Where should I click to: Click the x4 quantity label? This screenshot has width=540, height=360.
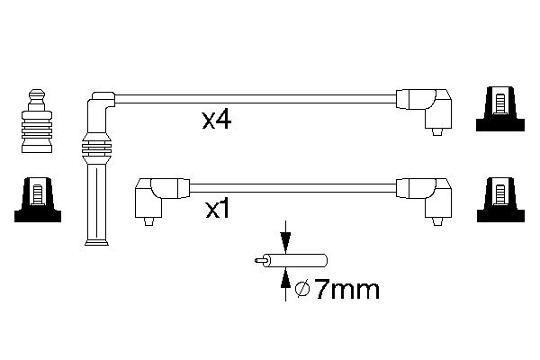(217, 121)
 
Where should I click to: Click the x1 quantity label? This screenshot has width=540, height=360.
(217, 209)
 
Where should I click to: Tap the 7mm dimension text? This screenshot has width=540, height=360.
(347, 290)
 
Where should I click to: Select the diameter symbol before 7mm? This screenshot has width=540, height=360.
(302, 290)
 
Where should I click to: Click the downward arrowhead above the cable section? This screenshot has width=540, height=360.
(285, 243)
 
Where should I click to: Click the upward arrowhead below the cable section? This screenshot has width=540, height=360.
(285, 278)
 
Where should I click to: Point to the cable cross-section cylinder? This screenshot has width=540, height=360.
(295, 260)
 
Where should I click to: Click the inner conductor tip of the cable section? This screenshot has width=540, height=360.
(259, 260)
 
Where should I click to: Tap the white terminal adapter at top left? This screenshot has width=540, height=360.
(37, 121)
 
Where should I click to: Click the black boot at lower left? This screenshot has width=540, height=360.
(38, 200)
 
